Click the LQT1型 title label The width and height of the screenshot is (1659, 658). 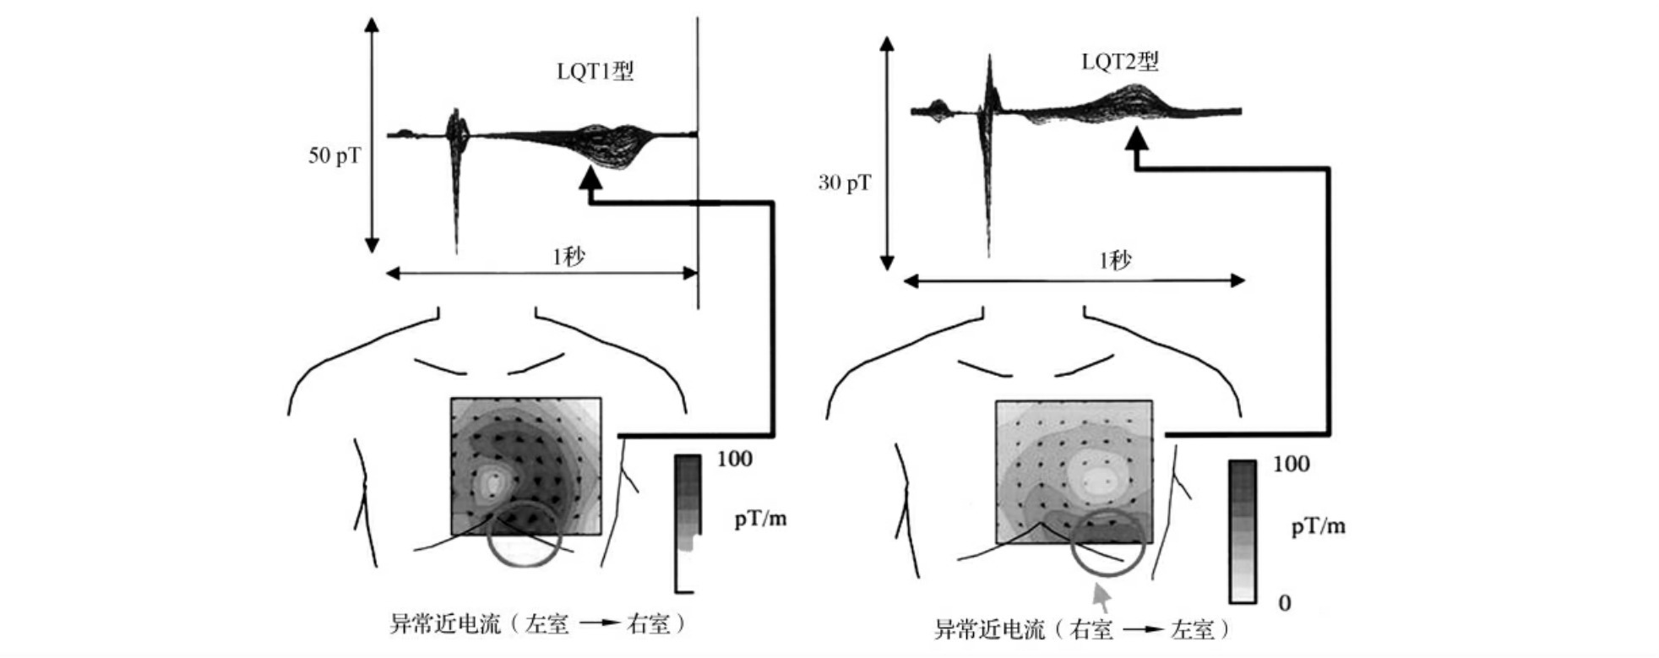(595, 71)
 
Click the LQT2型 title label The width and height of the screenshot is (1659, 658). (1120, 62)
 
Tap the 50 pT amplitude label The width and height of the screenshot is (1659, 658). (334, 155)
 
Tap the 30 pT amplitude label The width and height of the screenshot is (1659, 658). (844, 182)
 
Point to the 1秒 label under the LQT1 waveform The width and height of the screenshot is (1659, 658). (568, 257)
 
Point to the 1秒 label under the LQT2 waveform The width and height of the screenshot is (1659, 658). (1115, 260)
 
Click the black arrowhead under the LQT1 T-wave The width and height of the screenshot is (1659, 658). (590, 177)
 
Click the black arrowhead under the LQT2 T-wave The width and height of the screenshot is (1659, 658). (1137, 138)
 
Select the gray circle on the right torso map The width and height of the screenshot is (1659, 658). (1107, 542)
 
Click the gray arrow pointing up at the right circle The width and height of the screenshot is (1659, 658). (1101, 596)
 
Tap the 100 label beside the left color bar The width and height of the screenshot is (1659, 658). (734, 459)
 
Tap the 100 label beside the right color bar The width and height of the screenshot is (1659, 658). (1291, 464)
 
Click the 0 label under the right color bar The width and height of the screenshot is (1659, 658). (1284, 603)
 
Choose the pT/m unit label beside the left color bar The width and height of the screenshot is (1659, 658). (760, 519)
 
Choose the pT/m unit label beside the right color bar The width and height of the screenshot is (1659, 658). (1318, 527)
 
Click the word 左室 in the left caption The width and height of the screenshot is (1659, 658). (547, 624)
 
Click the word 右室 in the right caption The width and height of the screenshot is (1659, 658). (1091, 629)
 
